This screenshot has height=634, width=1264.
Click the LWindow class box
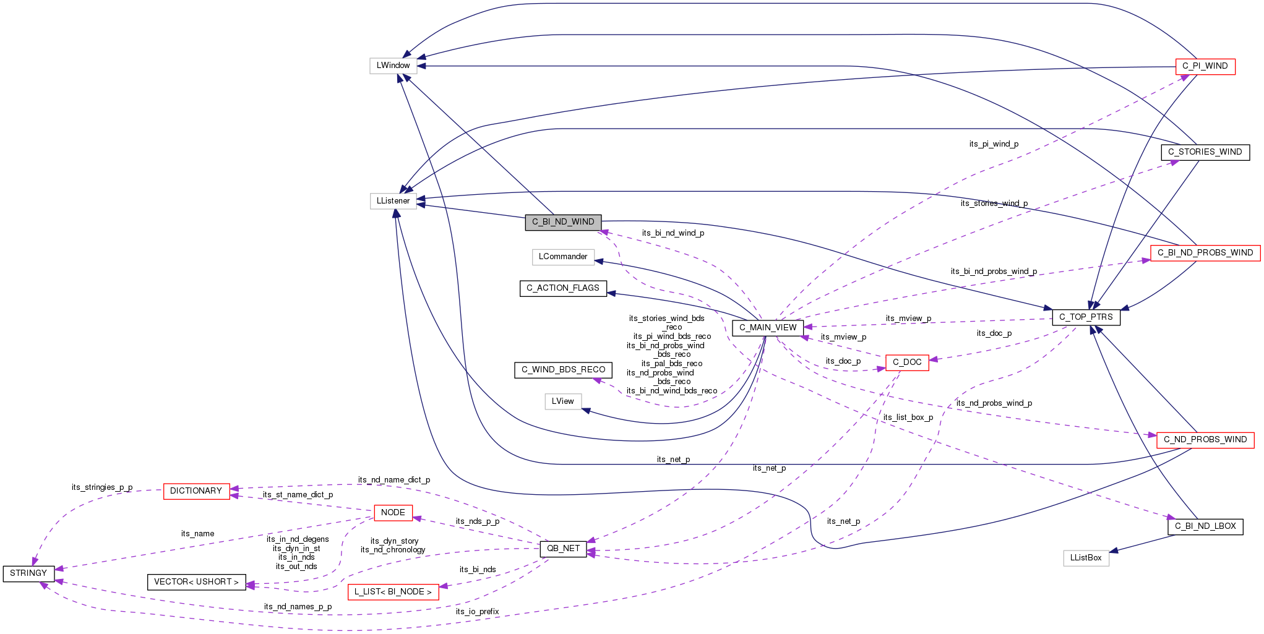coord(393,66)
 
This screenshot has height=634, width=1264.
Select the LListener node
coord(393,201)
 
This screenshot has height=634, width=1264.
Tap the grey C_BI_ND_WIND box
coord(563,222)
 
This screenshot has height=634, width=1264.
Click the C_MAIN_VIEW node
coord(768,328)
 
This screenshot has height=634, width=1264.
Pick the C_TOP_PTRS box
coord(1086,317)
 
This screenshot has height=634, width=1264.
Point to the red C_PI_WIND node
coord(1205,66)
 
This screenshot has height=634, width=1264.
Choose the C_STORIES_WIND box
coord(1205,152)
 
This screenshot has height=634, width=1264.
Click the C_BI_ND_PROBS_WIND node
coord(1205,253)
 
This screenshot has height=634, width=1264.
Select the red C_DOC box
coord(907,362)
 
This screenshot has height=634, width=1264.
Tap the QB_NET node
coord(563,549)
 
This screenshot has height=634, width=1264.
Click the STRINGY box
coord(28,573)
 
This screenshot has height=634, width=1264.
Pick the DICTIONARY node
coord(196,491)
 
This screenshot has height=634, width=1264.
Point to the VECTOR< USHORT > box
coord(196,582)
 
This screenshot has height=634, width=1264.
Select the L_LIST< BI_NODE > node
coord(393,592)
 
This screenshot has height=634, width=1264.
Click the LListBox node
coord(1086,558)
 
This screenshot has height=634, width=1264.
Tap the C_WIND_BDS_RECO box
coord(563,370)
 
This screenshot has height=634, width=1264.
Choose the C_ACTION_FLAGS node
coord(563,288)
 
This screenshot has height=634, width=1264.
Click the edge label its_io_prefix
coord(477,612)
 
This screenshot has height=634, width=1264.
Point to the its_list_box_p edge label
coord(908,418)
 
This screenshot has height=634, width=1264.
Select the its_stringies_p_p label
coord(102,487)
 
